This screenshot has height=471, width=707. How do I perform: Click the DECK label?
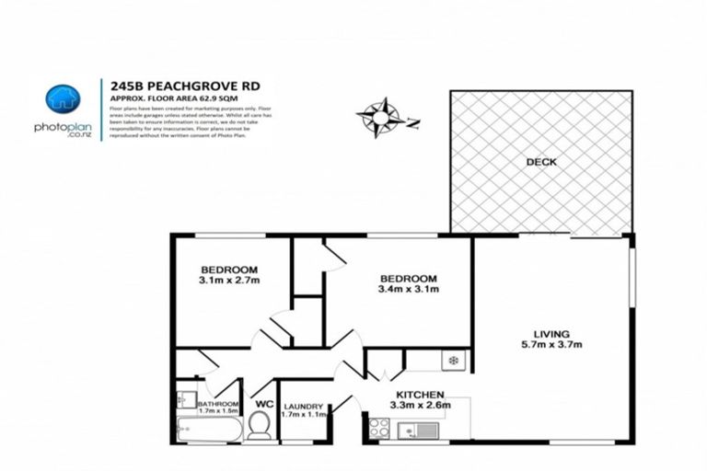[x=541, y=162]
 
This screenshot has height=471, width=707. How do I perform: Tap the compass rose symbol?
[x=379, y=117]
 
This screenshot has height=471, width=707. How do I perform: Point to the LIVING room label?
[x=551, y=333]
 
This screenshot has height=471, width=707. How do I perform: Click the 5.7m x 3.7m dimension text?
[x=551, y=345]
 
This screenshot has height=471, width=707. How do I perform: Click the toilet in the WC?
[x=259, y=424]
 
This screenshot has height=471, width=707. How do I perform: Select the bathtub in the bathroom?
[x=209, y=430]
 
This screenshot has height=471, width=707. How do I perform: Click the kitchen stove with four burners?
[x=377, y=427]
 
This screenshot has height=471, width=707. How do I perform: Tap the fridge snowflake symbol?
[x=453, y=360]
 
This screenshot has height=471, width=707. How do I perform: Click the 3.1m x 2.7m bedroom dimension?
[x=230, y=281]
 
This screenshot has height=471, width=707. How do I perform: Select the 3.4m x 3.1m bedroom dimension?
[x=408, y=290]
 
